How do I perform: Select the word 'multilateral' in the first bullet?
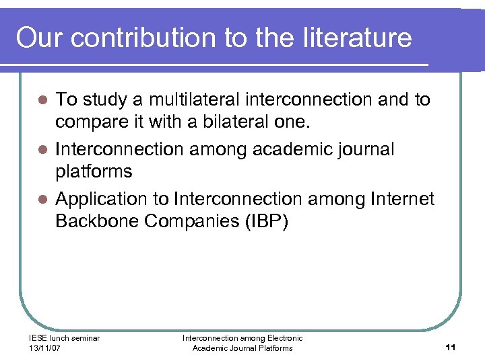193,99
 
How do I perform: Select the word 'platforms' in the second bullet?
94,172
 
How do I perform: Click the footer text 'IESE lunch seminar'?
64,338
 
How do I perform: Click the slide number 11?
451,347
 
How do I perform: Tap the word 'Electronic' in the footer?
284,338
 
